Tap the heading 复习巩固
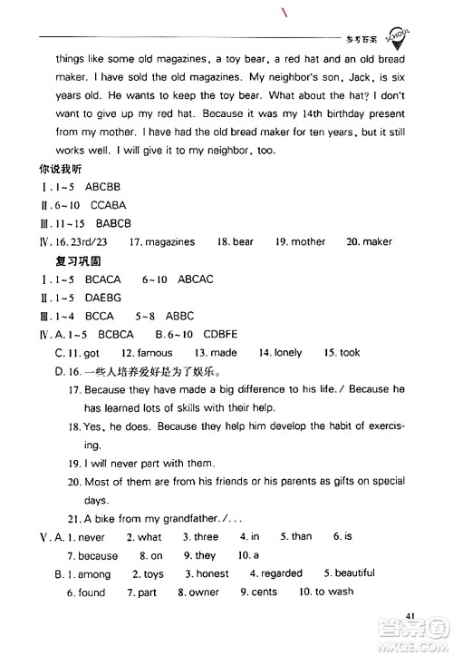point(81,261)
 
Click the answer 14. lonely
point(282,351)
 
